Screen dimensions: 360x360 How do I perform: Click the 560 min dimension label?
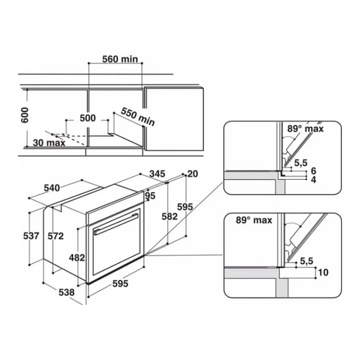coord(120,59)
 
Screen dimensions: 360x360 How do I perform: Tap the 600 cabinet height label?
coord(24,115)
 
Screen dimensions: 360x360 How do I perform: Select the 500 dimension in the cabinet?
coord(87,118)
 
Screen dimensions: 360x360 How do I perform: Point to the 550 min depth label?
coord(138,117)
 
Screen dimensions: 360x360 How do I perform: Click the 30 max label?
coord(49,143)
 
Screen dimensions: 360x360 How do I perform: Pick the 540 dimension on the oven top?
coord(52,188)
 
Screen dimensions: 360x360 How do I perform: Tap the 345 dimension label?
coord(157,174)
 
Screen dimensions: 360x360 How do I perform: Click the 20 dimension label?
coord(193,174)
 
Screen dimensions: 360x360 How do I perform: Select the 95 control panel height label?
coord(150,195)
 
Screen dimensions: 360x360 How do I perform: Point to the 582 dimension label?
coord(170,216)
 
